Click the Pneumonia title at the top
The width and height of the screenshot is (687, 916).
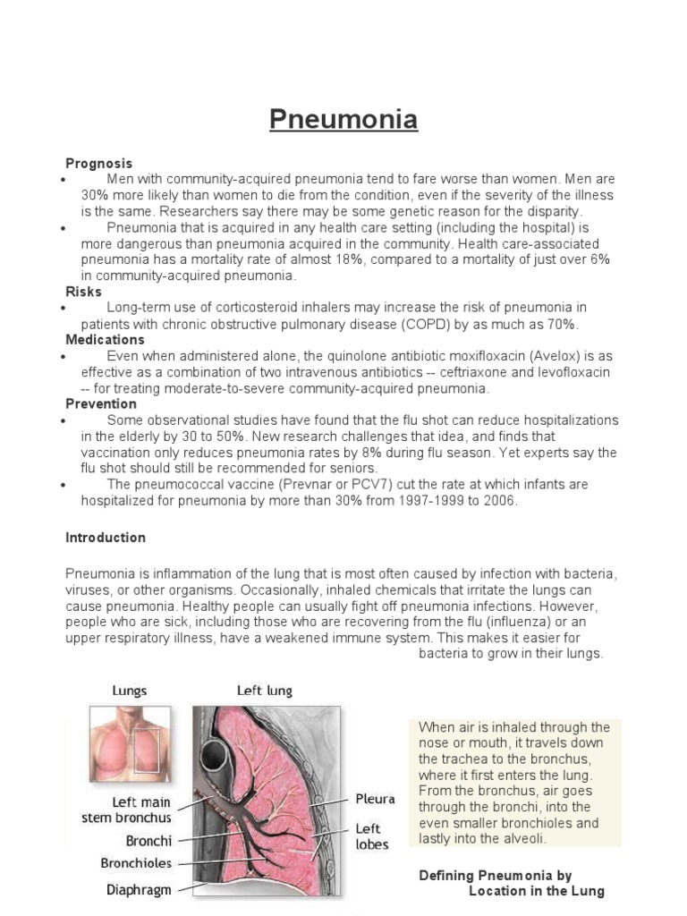(x=343, y=119)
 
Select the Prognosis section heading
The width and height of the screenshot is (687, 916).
(x=98, y=163)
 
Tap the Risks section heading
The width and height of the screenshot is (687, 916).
(x=83, y=292)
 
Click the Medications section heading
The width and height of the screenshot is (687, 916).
(x=105, y=340)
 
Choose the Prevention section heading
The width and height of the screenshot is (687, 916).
(x=101, y=403)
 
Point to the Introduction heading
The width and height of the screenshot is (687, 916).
(x=106, y=538)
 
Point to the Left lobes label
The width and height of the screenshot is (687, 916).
(x=373, y=836)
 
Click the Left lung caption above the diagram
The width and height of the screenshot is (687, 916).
(x=264, y=691)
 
